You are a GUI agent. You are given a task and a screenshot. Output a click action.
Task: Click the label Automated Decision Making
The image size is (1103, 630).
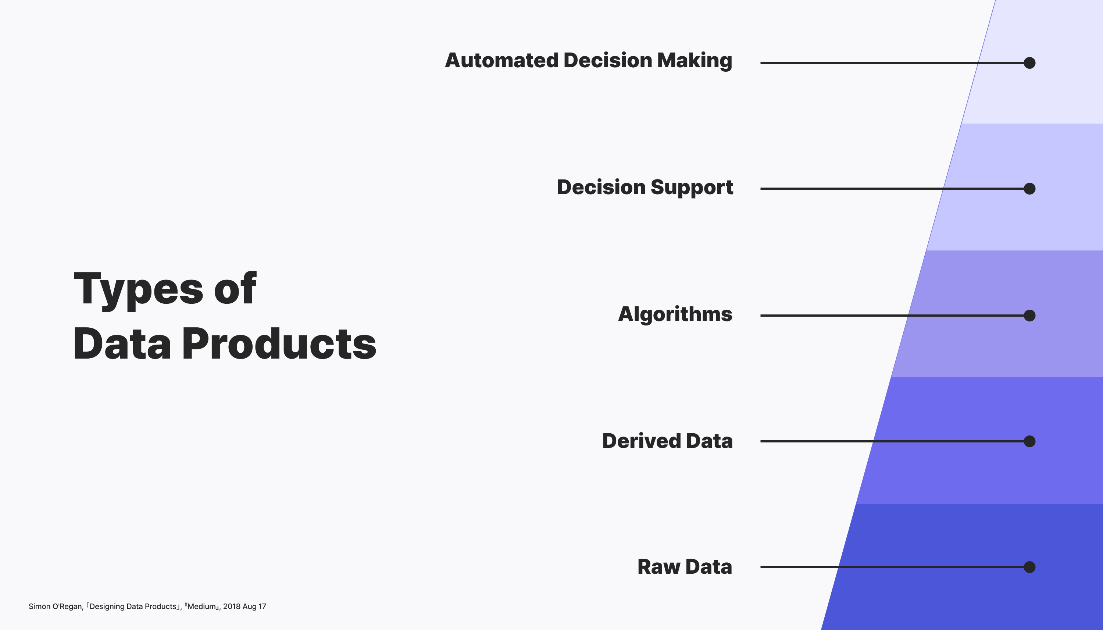point(589,61)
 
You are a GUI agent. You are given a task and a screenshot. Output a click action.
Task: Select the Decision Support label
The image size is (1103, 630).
point(645,187)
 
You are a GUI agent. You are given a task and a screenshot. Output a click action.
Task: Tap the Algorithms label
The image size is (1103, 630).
point(675,314)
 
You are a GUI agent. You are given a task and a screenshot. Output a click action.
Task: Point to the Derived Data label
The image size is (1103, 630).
point(667,441)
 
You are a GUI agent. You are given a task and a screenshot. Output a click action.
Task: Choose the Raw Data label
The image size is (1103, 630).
point(685,567)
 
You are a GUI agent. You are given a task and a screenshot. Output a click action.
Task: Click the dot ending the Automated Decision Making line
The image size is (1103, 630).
point(1029,63)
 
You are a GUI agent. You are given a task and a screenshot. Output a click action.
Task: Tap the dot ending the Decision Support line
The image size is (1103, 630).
point(1029,189)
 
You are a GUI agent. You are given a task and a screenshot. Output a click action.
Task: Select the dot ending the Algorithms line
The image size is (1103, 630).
point(1029,316)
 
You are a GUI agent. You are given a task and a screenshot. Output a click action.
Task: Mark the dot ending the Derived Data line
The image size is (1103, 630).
point(1029,441)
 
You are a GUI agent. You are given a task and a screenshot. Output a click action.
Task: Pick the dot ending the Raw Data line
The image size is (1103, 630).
point(1029,567)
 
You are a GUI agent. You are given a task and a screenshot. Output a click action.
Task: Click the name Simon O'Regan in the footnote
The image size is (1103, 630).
point(56,606)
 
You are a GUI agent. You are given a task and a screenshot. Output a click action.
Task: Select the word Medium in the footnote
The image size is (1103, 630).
point(201,606)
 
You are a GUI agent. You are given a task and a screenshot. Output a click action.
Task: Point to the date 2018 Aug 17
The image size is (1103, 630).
point(244,606)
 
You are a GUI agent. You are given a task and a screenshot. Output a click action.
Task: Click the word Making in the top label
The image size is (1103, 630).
point(695,61)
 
